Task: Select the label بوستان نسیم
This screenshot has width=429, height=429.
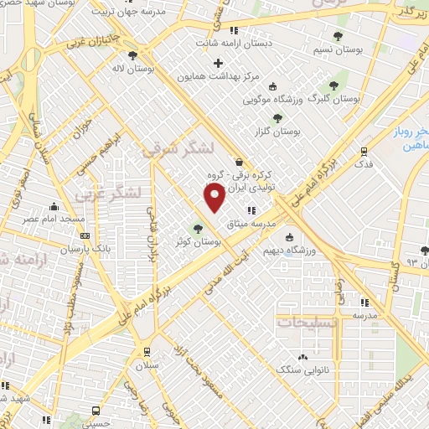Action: point(339,49)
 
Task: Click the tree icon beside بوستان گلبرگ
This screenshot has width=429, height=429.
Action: point(333,85)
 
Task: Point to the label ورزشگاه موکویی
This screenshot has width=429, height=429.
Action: point(272,99)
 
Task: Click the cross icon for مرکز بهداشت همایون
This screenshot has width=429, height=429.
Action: point(219,63)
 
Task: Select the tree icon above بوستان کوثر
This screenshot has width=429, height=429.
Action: point(199,228)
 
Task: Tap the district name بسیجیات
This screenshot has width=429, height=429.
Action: point(308,323)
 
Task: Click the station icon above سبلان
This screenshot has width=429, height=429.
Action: point(147,352)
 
